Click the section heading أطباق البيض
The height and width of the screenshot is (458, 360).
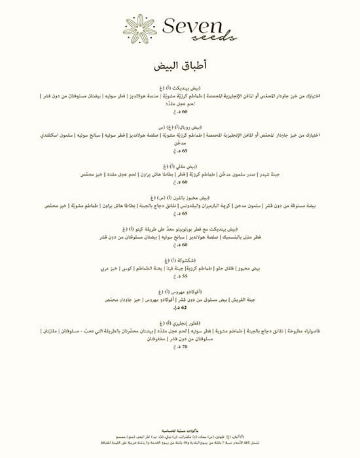click(179, 67)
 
